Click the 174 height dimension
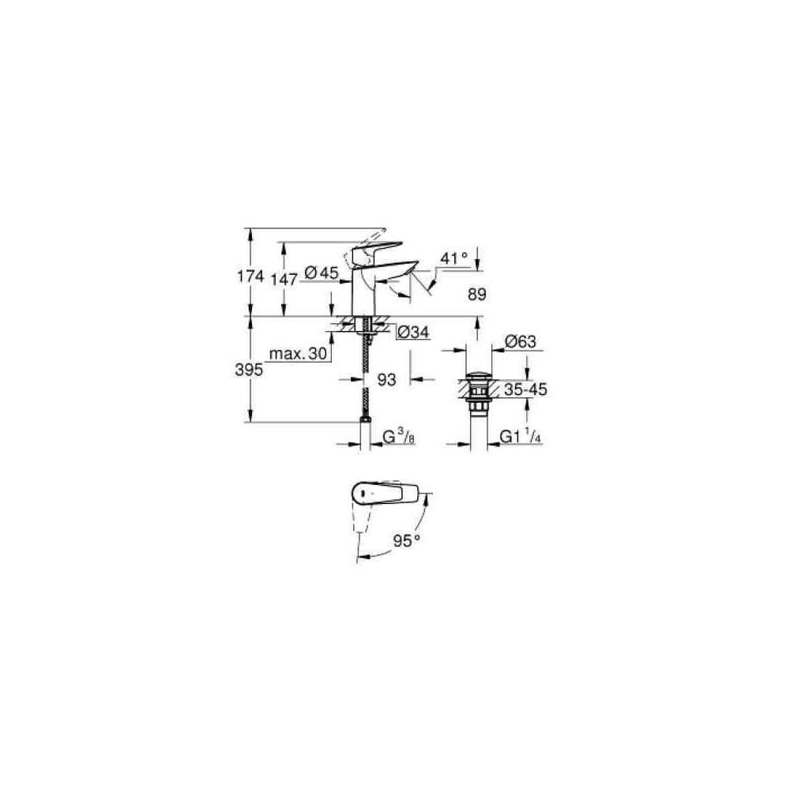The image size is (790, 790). (250, 276)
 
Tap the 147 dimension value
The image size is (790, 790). (284, 279)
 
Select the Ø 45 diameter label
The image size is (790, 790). (322, 273)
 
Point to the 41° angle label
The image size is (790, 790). (453, 258)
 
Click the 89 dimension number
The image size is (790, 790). (476, 294)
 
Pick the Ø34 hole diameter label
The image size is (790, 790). (413, 332)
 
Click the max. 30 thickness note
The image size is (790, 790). (299, 354)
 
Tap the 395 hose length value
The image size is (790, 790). (249, 370)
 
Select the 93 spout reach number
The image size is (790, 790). (386, 379)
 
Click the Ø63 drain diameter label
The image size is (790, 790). (521, 341)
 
